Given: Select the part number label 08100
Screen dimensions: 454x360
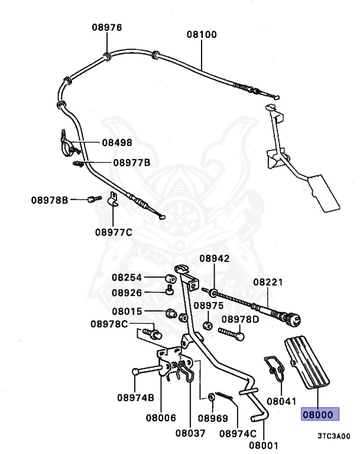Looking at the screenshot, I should click(x=202, y=34).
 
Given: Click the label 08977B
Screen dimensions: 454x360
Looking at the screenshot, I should click(x=131, y=162).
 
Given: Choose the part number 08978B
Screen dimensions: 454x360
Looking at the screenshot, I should click(x=50, y=200).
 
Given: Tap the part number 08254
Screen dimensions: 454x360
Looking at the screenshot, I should click(x=127, y=277).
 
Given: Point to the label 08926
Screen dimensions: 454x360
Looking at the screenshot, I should click(x=127, y=292).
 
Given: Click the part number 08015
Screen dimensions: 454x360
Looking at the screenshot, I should click(x=127, y=312).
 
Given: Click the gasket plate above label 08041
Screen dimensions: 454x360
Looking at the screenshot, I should click(x=273, y=368).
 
